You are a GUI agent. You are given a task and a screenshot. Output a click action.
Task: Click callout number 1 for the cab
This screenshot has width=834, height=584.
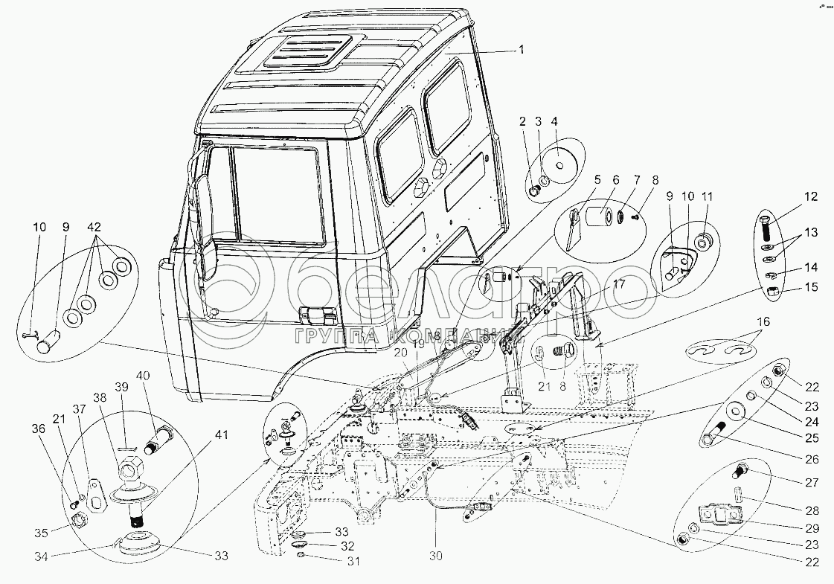click(x=522, y=50)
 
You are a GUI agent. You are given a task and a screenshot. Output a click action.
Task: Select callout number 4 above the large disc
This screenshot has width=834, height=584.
click(x=554, y=121)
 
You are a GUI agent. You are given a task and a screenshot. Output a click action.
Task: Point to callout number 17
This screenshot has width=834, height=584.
click(x=619, y=283)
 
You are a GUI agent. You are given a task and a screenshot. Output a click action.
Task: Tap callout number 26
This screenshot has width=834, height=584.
click(x=811, y=459)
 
